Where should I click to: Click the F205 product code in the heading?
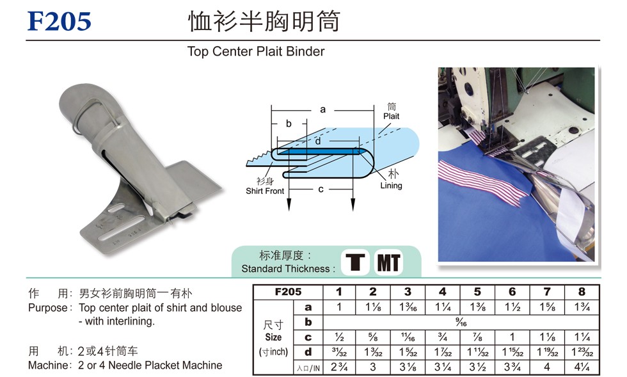[x=59, y=21]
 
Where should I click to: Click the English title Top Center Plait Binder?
[x=256, y=52]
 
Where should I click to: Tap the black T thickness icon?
[x=355, y=262]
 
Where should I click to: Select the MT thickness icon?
[x=388, y=262]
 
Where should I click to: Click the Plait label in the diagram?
[x=391, y=116]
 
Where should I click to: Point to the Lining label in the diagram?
[x=391, y=186]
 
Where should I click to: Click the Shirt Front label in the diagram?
[x=265, y=191]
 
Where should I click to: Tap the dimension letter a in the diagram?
[x=322, y=109]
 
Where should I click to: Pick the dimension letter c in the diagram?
[x=321, y=189]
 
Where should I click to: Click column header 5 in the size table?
[x=477, y=292]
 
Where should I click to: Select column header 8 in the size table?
[x=582, y=292]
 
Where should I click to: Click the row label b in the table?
[x=308, y=322]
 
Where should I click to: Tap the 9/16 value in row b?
[x=461, y=322]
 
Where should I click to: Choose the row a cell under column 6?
[x=512, y=307]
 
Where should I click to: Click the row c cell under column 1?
[x=339, y=337]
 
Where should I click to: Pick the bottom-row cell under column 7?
[x=547, y=367]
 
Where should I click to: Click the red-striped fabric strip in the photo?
[x=480, y=182]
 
